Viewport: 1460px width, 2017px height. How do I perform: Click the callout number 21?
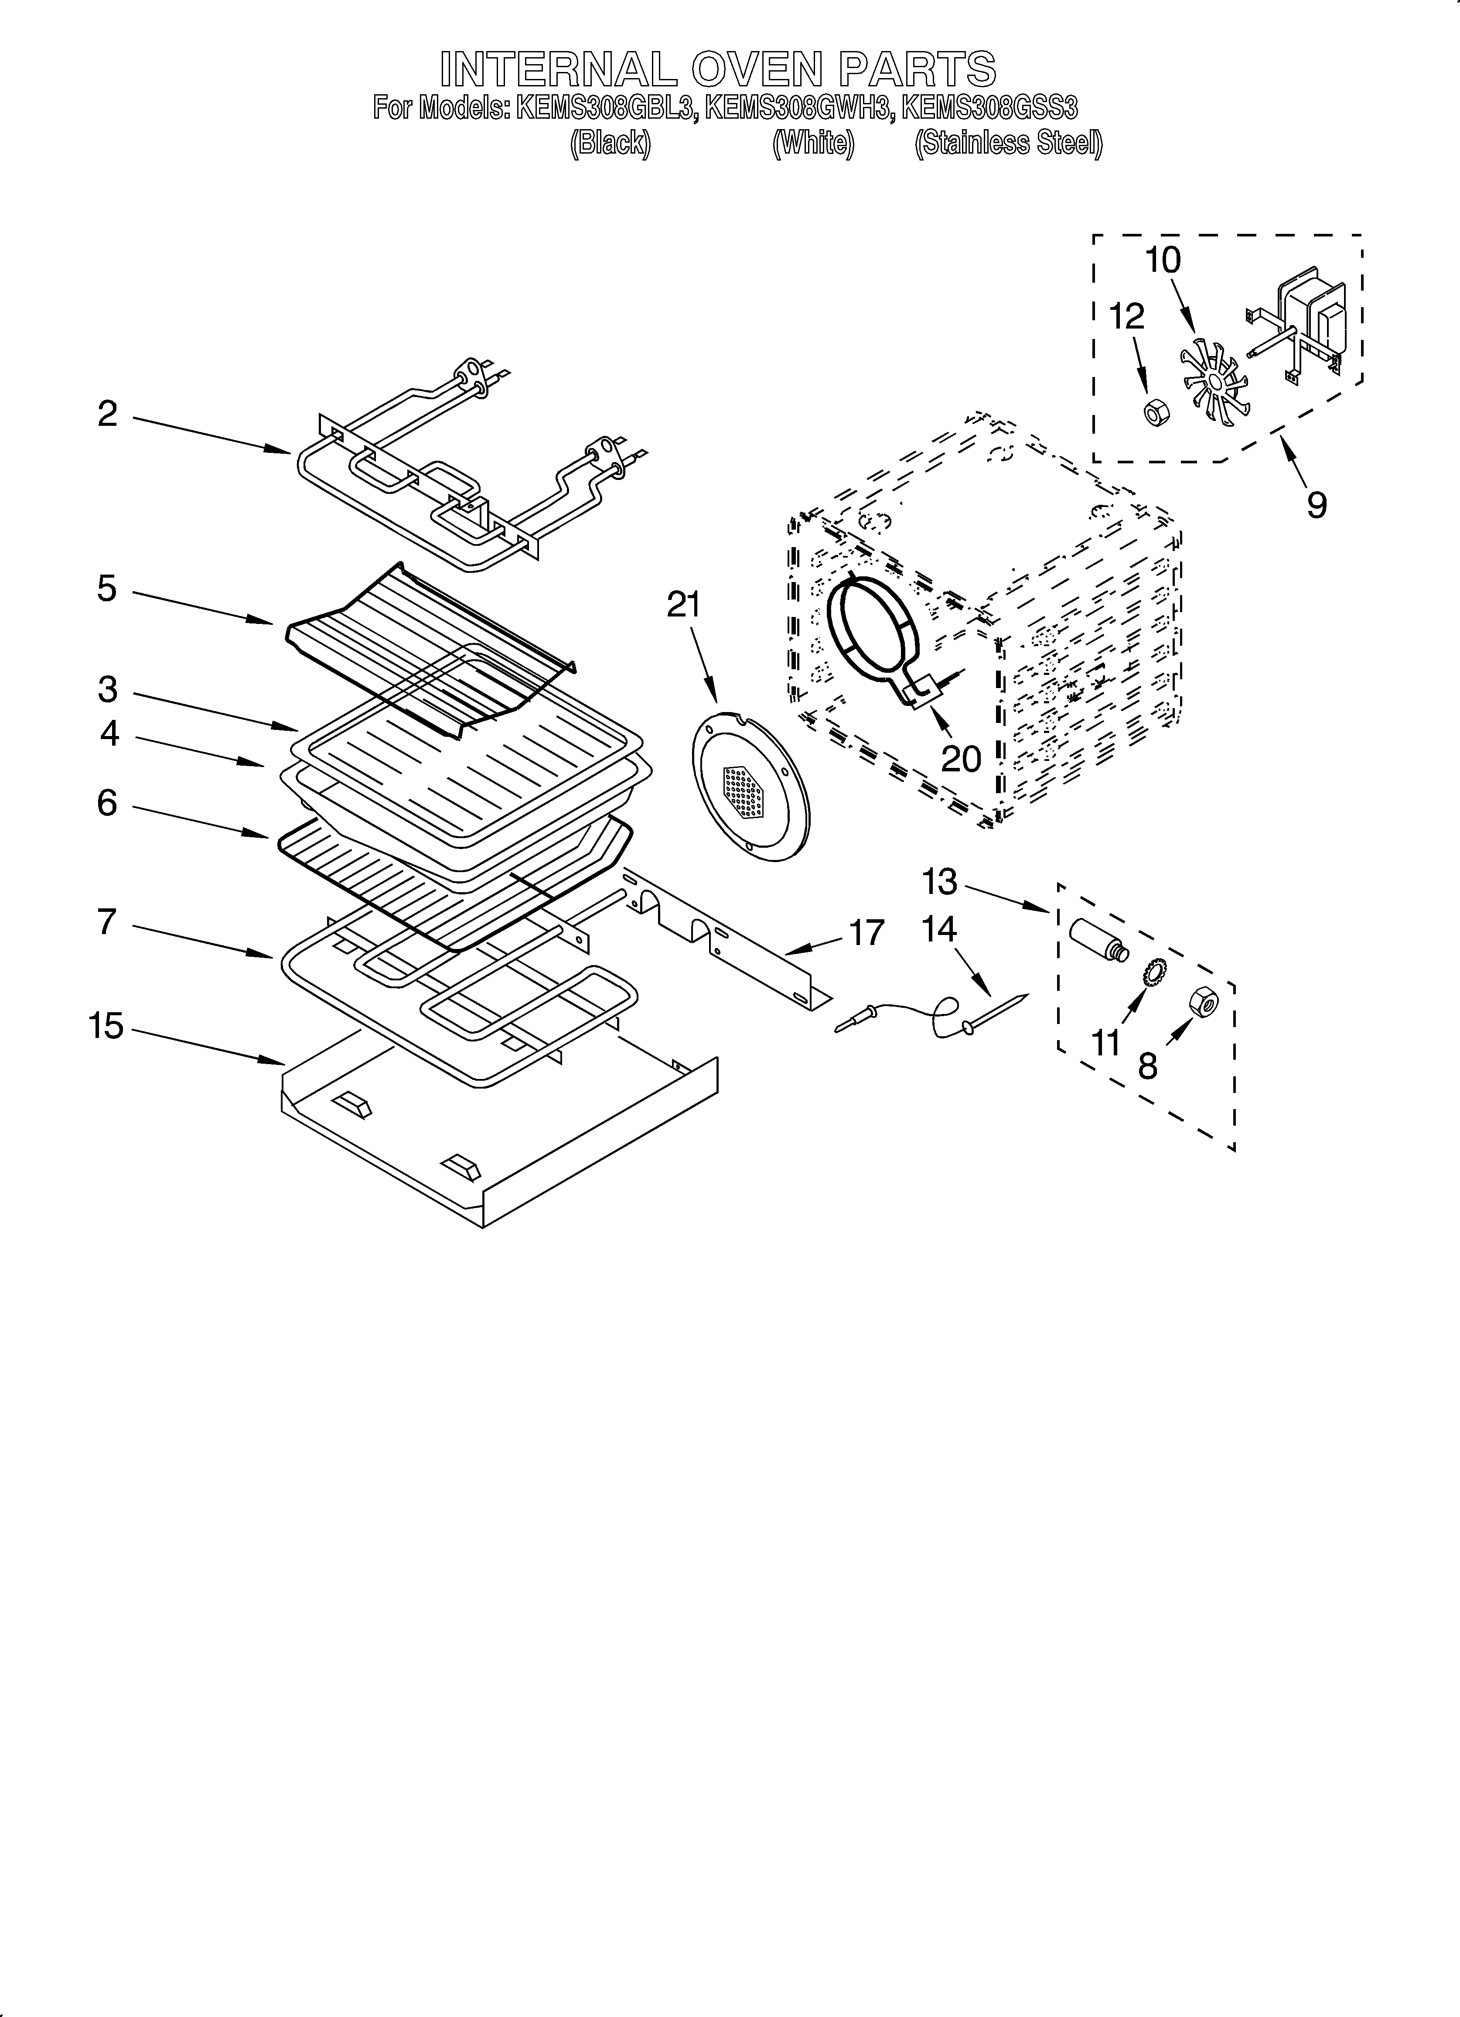click(x=684, y=605)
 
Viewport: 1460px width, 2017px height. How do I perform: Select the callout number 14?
click(x=939, y=929)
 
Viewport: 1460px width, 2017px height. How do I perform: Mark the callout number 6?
click(x=107, y=803)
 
